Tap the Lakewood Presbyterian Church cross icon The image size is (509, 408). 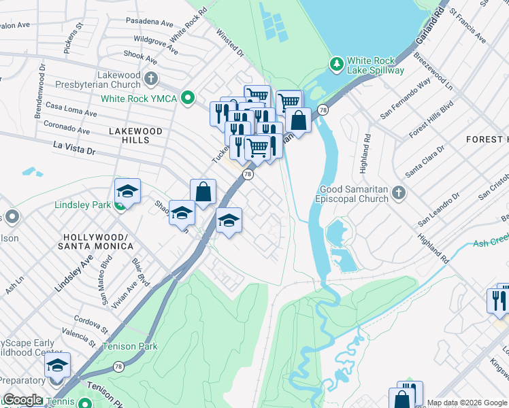click(150, 80)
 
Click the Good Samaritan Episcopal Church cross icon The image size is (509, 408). click(399, 194)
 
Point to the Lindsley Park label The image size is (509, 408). click(82, 205)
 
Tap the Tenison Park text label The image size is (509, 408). click(129, 346)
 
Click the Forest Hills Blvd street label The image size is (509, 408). click(431, 122)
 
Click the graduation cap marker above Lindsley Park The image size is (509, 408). click(127, 192)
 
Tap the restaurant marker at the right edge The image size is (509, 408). click(499, 299)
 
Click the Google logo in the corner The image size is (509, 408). click(22, 400)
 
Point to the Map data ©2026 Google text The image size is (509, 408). click(466, 403)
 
